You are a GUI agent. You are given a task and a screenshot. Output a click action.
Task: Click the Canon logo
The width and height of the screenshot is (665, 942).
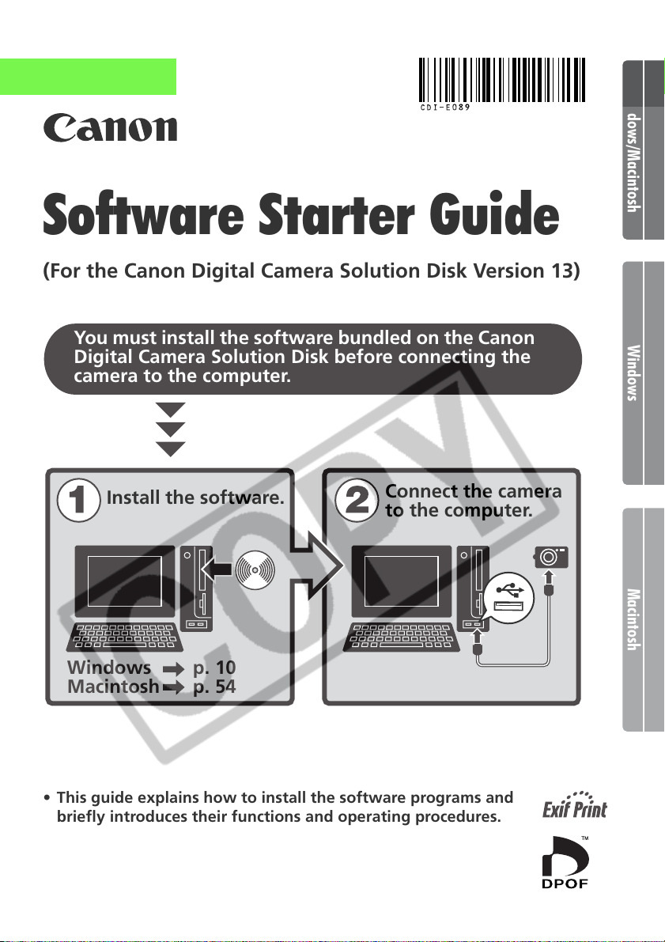110,127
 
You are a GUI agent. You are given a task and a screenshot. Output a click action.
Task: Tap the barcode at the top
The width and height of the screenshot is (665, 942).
501,80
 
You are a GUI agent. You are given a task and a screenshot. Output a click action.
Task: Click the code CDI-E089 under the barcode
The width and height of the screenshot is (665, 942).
444,108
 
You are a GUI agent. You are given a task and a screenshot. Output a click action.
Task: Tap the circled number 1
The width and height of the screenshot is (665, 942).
78,501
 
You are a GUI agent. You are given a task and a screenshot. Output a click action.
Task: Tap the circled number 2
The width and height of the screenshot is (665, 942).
357,501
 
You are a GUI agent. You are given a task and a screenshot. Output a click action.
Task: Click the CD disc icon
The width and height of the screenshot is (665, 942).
255,569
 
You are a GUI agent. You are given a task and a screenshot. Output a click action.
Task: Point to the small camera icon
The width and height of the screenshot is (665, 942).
551,557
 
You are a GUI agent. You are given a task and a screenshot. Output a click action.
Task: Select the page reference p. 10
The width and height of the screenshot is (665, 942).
214,668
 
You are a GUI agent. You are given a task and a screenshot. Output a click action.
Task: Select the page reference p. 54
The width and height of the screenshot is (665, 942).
214,687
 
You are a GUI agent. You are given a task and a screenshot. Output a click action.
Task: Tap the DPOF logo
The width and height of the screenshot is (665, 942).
565,861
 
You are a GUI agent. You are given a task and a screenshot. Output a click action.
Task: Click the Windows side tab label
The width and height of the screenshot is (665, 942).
633,373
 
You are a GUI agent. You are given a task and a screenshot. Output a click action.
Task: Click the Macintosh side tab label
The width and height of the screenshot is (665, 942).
633,619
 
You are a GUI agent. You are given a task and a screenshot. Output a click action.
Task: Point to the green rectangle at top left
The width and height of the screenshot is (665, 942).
88,76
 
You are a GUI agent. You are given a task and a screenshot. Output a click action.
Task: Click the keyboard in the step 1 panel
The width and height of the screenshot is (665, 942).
127,637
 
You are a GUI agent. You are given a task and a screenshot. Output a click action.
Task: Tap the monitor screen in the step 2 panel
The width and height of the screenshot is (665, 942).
401,581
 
